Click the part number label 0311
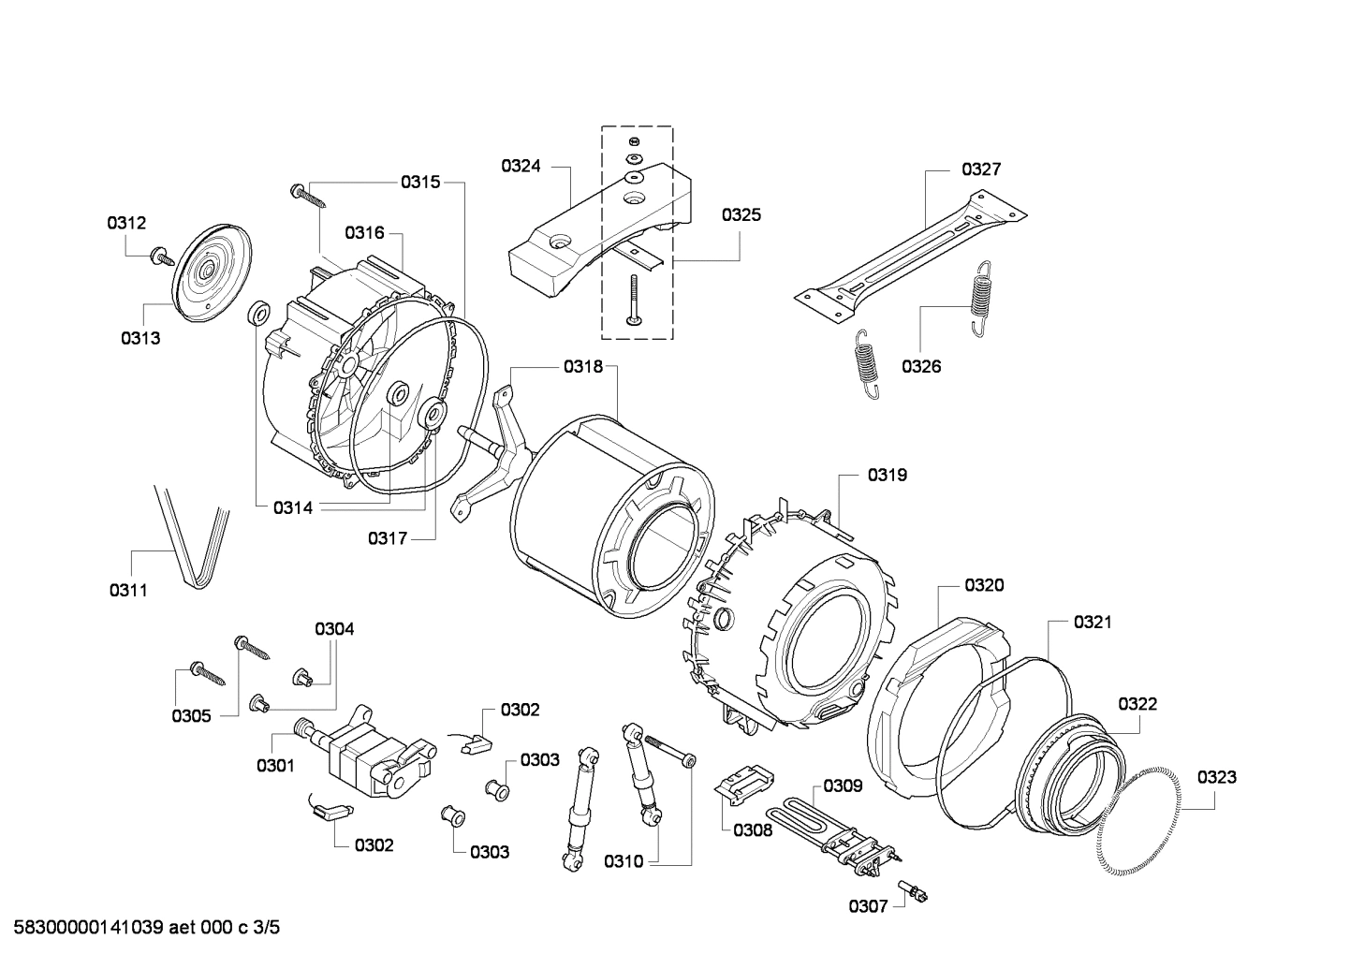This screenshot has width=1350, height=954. (128, 590)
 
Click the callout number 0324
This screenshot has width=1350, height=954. (521, 167)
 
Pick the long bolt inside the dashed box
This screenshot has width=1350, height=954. (634, 300)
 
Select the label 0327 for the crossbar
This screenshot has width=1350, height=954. (981, 169)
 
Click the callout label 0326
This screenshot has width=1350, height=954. (921, 366)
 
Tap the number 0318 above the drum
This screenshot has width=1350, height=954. (583, 367)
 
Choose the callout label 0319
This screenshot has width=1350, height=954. (887, 475)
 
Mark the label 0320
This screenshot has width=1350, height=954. (984, 585)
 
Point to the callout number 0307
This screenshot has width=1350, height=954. (868, 905)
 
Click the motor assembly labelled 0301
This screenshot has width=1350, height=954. (374, 754)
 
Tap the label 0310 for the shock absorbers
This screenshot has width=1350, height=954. (624, 861)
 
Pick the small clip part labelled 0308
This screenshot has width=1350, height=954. (742, 783)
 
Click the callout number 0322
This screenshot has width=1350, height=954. (1137, 704)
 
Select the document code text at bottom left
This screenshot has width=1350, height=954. (141, 928)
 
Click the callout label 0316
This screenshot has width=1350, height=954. (364, 232)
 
